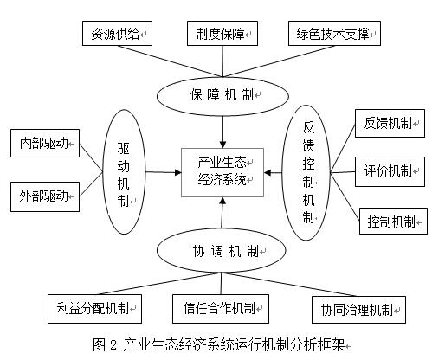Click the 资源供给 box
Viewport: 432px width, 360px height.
pyautogui.click(x=117, y=33)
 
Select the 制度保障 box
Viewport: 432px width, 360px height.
pyautogui.click(x=222, y=33)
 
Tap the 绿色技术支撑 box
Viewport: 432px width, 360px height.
pyautogui.click(x=334, y=33)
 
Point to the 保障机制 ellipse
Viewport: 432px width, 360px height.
pyautogui.click(x=222, y=96)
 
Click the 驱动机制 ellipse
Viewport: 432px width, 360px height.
pyautogui.click(x=124, y=172)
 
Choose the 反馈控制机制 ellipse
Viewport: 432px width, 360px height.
pyautogui.click(x=306, y=172)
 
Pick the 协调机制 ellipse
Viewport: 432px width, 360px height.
pyautogui.click(x=222, y=250)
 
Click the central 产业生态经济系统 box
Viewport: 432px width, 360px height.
pyautogui.click(x=222, y=172)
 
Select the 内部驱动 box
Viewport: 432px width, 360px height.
pyautogui.click(x=45, y=143)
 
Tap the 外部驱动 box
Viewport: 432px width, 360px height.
pyautogui.click(x=45, y=196)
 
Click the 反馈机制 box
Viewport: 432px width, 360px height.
pyautogui.click(x=390, y=123)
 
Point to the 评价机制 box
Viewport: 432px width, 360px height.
pyautogui.click(x=390, y=171)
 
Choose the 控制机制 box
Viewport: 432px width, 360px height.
pyautogui.click(x=393, y=221)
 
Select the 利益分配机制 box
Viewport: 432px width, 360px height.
pyautogui.click(x=94, y=309)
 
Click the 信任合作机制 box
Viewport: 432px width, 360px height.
pyautogui.click(x=221, y=309)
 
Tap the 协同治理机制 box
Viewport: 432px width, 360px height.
pyautogui.click(x=358, y=310)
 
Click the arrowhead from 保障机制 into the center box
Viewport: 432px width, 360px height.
pyautogui.click(x=222, y=145)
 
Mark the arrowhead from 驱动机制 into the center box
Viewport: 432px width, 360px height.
pyautogui.click(x=177, y=172)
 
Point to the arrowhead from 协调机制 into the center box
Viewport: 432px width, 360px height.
pyautogui.click(x=222, y=201)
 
